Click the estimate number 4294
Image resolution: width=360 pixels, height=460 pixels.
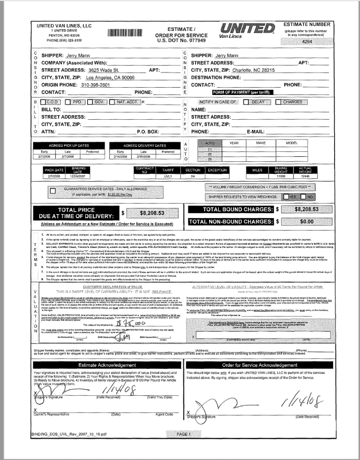[322, 42]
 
